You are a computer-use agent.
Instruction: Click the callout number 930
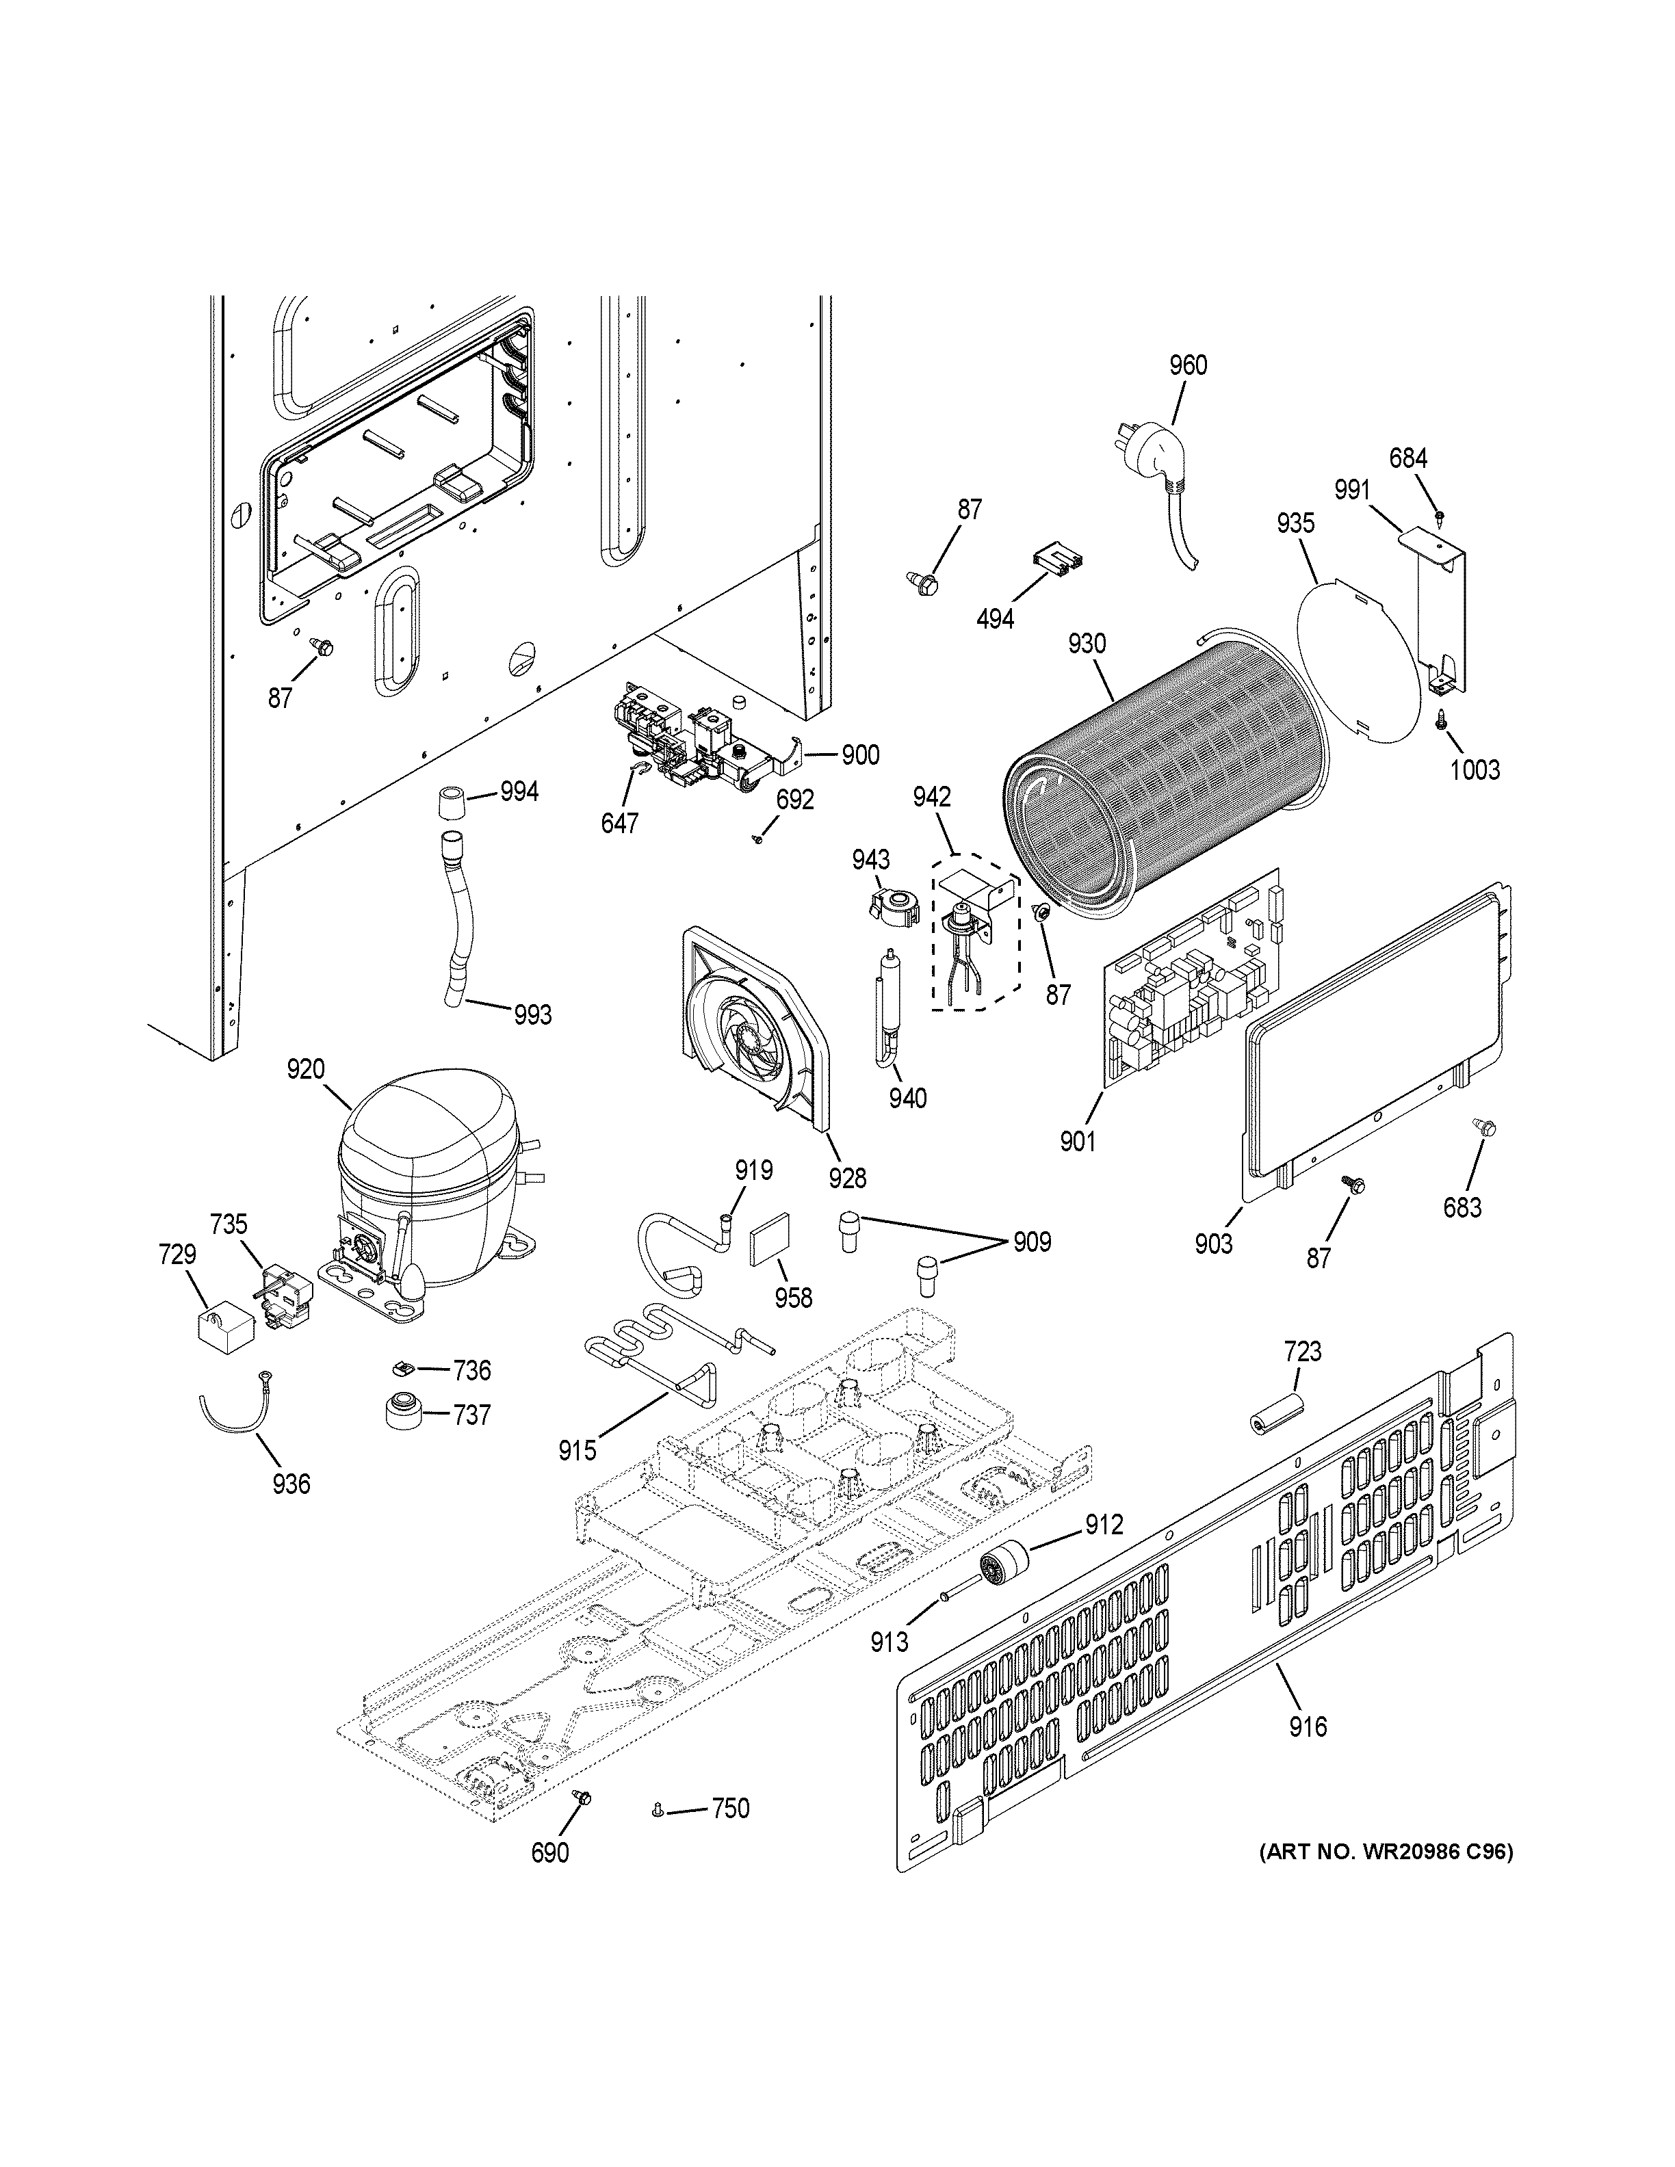1087,644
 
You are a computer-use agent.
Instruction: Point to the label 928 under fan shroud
848,1178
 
